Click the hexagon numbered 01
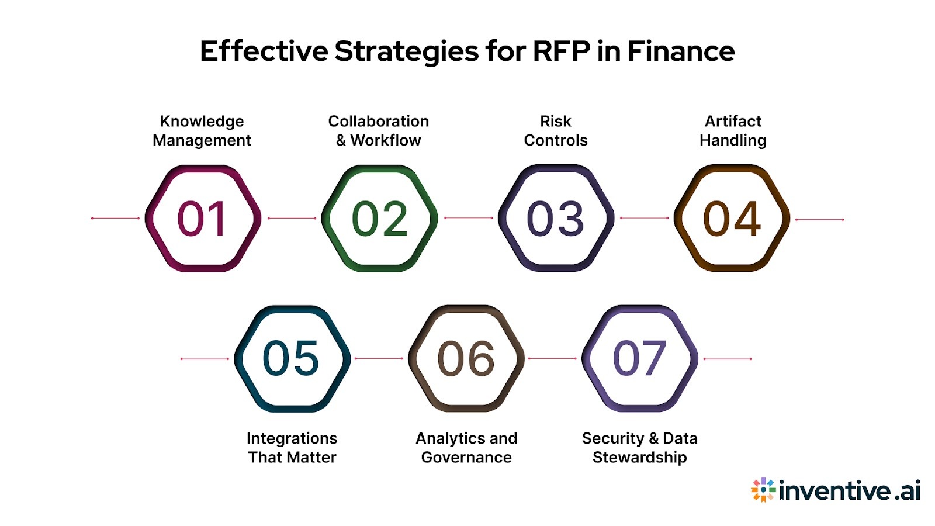(x=202, y=219)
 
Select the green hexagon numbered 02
(x=379, y=219)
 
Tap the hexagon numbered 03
(x=556, y=219)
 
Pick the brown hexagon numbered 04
(x=732, y=219)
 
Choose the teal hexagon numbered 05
(x=292, y=358)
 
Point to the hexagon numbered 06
(x=466, y=358)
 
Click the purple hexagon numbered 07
(x=640, y=358)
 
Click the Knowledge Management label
(x=202, y=130)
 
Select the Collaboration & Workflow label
(x=379, y=130)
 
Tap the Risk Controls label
(x=556, y=130)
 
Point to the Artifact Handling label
(x=733, y=130)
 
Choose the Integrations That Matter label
(x=292, y=448)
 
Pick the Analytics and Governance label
(x=466, y=448)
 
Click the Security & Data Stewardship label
(x=640, y=448)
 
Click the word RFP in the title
(x=561, y=51)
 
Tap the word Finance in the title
(x=681, y=51)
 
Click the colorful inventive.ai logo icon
(x=763, y=490)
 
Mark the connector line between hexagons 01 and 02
(x=292, y=219)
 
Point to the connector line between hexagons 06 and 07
(x=553, y=359)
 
